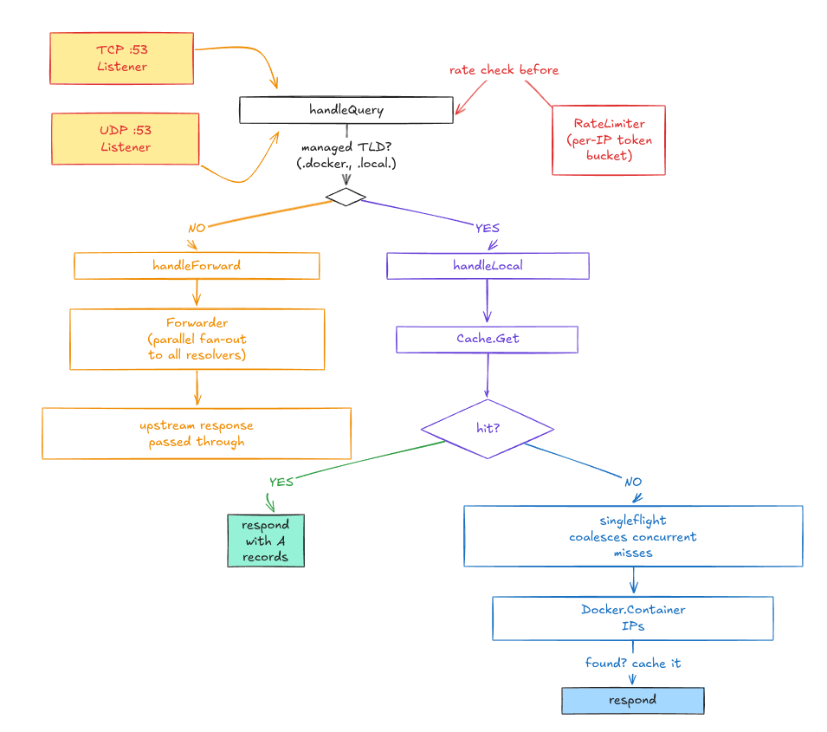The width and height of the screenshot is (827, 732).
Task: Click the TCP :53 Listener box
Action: pyautogui.click(x=121, y=58)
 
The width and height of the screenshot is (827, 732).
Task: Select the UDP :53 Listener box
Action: pyautogui.click(x=126, y=139)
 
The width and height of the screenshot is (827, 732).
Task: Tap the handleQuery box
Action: pyautogui.click(x=346, y=110)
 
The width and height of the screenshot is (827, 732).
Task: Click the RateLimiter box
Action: pyautogui.click(x=608, y=139)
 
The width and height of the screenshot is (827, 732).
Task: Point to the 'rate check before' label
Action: pyautogui.click(x=503, y=69)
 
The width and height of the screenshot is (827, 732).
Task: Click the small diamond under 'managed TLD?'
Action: pyautogui.click(x=346, y=198)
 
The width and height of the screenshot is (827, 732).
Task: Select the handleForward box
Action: pyautogui.click(x=197, y=265)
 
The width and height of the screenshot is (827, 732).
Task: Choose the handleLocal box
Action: pyautogui.click(x=488, y=265)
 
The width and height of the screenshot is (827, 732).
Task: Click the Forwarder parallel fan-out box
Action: pyautogui.click(x=197, y=339)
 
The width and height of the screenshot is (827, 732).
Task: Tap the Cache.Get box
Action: pyautogui.click(x=488, y=339)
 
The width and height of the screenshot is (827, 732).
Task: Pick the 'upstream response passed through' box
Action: pyautogui.click(x=197, y=433)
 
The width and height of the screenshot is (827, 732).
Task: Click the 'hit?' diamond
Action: pyautogui.click(x=488, y=428)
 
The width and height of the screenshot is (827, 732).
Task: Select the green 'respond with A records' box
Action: pyautogui.click(x=266, y=541)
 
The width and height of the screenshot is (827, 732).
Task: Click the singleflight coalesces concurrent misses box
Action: pyautogui.click(x=632, y=536)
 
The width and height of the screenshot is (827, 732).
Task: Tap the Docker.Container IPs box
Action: pyautogui.click(x=632, y=618)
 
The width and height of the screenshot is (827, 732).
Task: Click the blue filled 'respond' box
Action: pyautogui.click(x=632, y=700)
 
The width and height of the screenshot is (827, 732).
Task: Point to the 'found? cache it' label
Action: pyautogui.click(x=632, y=663)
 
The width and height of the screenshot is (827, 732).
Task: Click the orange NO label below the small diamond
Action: pyautogui.click(x=197, y=229)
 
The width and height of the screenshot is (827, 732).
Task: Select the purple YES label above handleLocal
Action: pyautogui.click(x=488, y=228)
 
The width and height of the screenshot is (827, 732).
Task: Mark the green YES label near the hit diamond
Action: pyautogui.click(x=281, y=482)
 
